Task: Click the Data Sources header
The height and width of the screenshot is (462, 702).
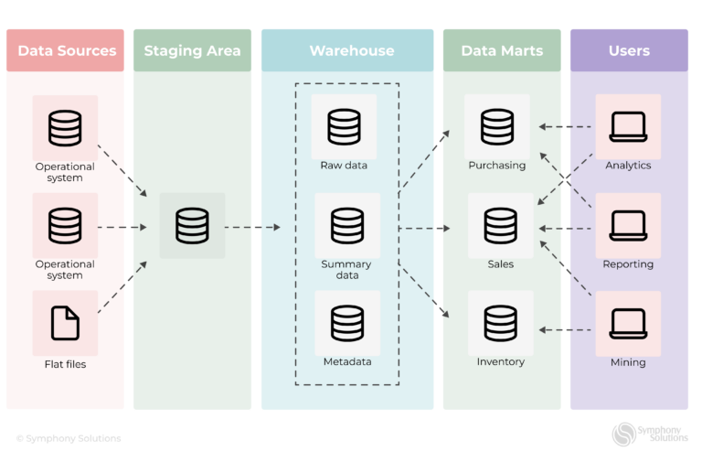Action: point(66,50)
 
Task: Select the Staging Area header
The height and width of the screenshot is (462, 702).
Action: point(192,50)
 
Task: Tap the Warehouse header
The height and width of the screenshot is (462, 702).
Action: point(347,50)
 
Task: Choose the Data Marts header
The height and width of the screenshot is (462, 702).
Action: point(502,50)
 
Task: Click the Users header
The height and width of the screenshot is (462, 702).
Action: point(629,50)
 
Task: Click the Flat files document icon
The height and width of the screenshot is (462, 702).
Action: point(65,323)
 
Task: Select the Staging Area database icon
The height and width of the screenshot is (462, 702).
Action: point(192,225)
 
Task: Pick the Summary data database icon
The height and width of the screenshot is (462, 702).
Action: point(347,225)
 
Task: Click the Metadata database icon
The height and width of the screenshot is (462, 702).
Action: point(347,323)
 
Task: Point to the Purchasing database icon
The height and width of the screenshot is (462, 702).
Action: point(497,126)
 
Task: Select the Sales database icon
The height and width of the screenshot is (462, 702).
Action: point(500,225)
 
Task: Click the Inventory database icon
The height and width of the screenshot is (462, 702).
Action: point(500,323)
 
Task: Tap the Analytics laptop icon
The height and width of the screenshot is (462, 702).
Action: point(628,126)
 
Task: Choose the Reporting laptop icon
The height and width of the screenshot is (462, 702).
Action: point(628,225)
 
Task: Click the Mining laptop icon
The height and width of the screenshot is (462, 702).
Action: point(628,323)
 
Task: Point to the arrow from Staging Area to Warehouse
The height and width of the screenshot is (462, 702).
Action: point(252,227)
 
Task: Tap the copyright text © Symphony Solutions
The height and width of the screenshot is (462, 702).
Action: point(69,438)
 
